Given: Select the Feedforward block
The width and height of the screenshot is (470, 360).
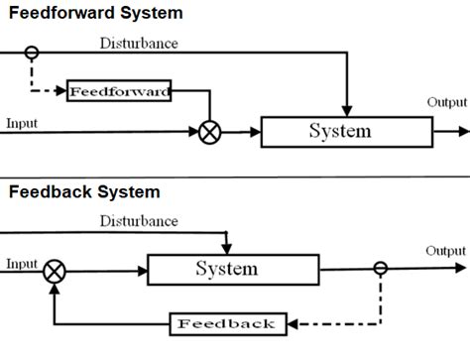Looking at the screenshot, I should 119,92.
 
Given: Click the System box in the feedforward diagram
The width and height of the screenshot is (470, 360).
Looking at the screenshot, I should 339,131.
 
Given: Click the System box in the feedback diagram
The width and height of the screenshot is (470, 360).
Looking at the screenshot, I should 233,268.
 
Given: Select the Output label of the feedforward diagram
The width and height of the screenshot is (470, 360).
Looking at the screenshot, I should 446,102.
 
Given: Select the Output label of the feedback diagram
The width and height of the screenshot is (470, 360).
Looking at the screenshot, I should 445,251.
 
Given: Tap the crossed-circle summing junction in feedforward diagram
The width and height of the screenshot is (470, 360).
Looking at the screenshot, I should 209,132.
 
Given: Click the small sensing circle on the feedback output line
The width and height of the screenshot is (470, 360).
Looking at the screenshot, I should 381,268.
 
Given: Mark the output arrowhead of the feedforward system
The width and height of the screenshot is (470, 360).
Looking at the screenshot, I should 462,131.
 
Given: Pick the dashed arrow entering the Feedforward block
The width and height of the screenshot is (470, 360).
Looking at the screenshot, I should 50,92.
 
